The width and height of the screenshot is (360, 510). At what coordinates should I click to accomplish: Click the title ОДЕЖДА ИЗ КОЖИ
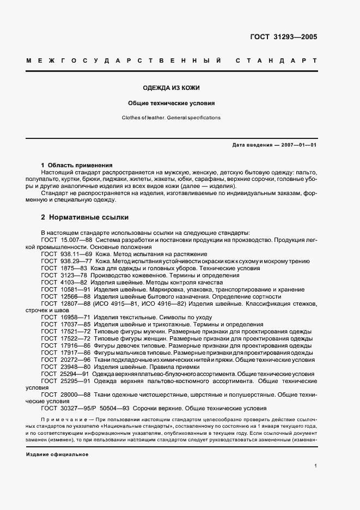[172, 88]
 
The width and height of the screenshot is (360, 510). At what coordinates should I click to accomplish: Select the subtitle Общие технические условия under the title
[172, 102]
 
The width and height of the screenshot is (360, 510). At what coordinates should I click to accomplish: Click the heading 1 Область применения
[77, 165]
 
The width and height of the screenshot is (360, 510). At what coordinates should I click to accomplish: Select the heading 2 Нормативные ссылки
[84, 217]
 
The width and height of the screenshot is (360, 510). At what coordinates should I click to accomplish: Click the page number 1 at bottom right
[316, 466]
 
